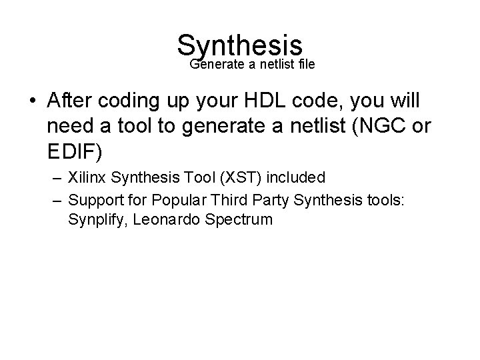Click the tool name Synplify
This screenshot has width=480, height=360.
[x=95, y=220]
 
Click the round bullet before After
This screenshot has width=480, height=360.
[x=33, y=101]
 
